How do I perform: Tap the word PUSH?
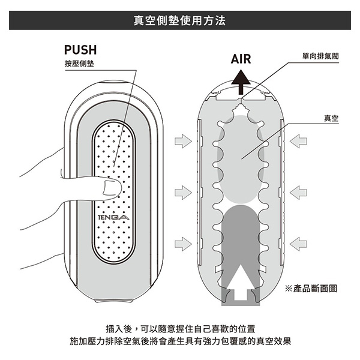coord(80,50)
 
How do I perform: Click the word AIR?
coord(241,59)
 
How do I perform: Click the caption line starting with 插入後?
coord(180,329)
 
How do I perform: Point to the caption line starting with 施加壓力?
coord(180,342)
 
